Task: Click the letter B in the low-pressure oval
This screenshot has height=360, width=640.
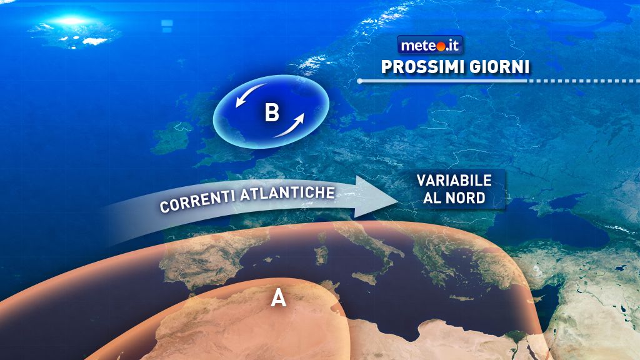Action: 272,113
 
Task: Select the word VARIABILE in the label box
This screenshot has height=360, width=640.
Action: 454,181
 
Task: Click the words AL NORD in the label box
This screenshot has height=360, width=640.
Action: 454,199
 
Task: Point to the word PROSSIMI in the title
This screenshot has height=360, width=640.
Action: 416,67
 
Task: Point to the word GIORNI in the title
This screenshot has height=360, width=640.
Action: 496,67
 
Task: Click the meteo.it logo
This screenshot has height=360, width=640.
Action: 431,45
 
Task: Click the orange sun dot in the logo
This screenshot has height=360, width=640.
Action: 439,46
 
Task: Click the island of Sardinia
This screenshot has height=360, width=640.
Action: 321,255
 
